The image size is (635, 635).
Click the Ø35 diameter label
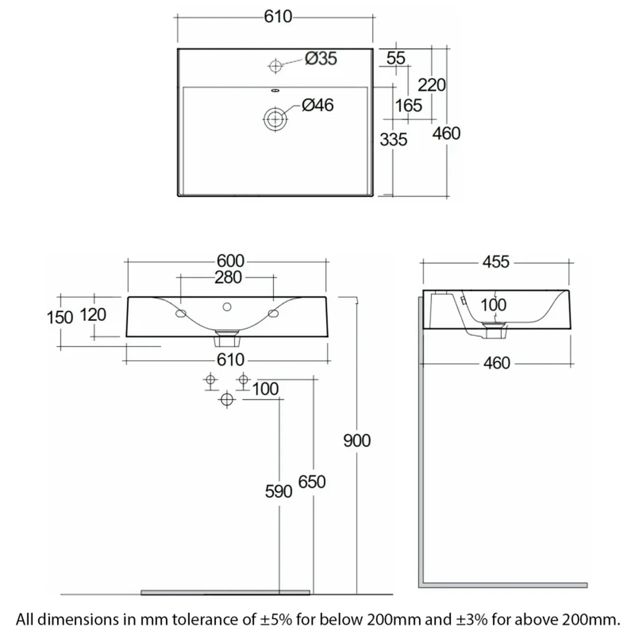(x=320, y=59)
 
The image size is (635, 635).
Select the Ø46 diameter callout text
(x=317, y=105)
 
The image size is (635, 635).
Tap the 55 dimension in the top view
(x=396, y=58)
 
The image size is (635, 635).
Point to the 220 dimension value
(x=431, y=85)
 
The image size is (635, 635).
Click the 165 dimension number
(x=409, y=105)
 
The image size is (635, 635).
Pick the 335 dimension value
(x=393, y=139)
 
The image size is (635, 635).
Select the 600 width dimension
(x=231, y=261)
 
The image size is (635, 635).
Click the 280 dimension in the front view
(x=228, y=277)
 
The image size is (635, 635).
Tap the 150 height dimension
(x=59, y=318)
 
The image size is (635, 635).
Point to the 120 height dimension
(x=93, y=315)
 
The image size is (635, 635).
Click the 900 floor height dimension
(x=357, y=441)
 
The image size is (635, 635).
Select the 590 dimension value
(x=279, y=492)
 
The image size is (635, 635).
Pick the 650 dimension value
(x=312, y=482)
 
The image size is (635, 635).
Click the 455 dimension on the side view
(x=496, y=262)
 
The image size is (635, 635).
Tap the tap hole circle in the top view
(x=275, y=66)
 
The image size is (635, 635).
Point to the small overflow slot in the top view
(x=275, y=90)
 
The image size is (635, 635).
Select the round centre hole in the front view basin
(x=227, y=307)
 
